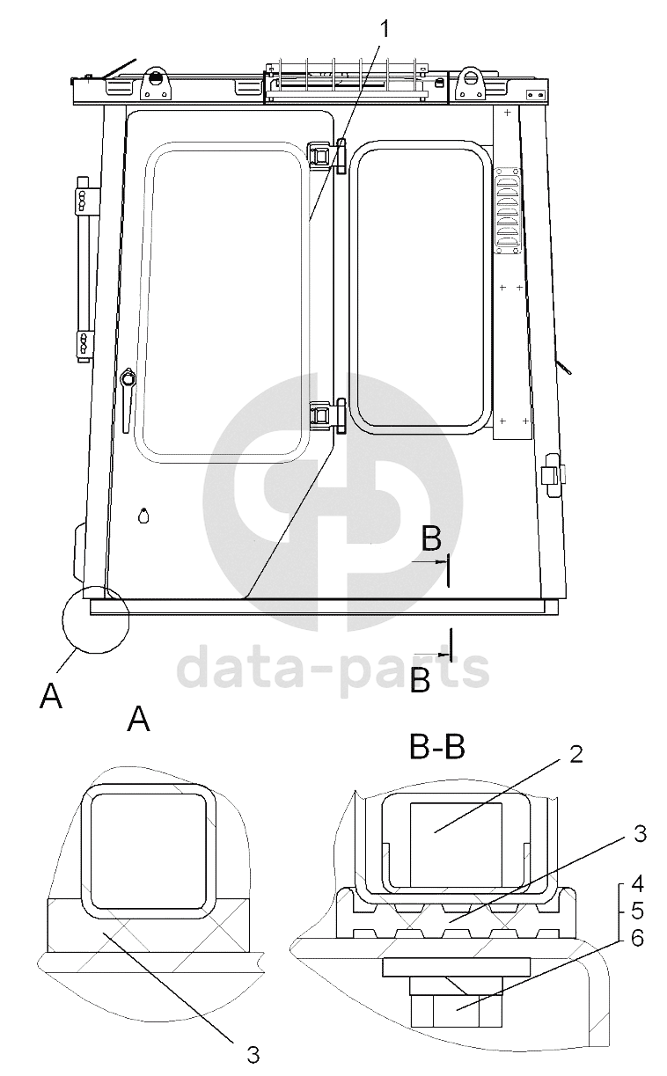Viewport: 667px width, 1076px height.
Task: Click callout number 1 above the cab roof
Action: pyautogui.click(x=384, y=29)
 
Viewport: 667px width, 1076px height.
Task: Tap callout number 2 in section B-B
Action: pyautogui.click(x=575, y=755)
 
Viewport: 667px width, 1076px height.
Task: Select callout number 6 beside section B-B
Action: pyautogui.click(x=637, y=937)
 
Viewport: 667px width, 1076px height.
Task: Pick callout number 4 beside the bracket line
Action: pyautogui.click(x=637, y=883)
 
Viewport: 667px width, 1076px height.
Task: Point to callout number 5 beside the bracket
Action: pyautogui.click(x=637, y=911)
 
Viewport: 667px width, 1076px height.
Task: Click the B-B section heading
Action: pyautogui.click(x=436, y=748)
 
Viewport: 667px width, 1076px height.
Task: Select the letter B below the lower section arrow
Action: pyautogui.click(x=420, y=680)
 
